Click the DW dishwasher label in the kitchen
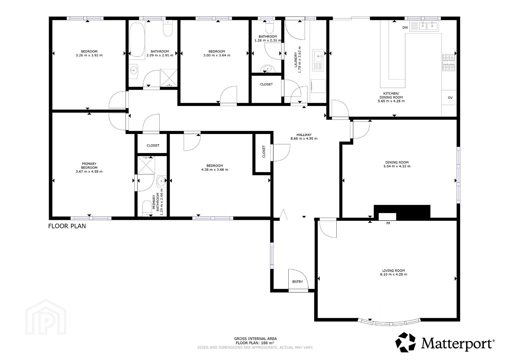[405, 27]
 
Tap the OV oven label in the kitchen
[450, 97]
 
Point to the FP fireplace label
[388, 223]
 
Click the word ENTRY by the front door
[297, 282]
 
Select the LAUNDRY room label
[296, 60]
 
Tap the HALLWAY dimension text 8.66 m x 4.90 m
[304, 138]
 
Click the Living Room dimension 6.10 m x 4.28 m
[394, 274]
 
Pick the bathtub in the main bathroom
[137, 40]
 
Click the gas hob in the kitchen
[449, 63]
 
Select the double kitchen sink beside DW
[424, 26]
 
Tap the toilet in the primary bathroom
[147, 208]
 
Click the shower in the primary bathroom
[146, 165]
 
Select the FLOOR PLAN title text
[67, 226]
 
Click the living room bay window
[389, 323]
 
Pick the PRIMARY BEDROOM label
[89, 165]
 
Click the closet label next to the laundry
[266, 84]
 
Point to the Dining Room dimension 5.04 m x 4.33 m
[397, 166]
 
